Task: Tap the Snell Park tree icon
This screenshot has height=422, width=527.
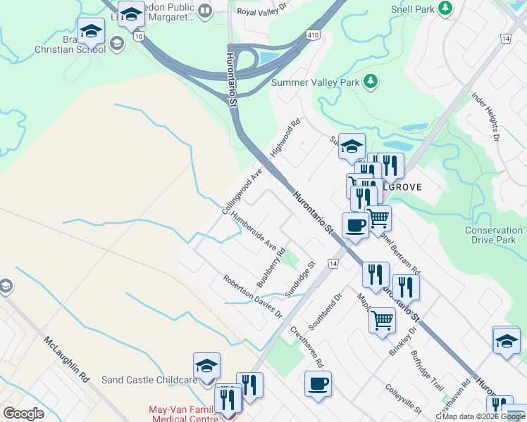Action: point(445,8)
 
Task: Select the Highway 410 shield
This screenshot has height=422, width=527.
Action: point(313,35)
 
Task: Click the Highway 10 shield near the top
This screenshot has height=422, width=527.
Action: point(139,36)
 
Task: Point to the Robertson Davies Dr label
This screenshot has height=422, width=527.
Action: point(252,295)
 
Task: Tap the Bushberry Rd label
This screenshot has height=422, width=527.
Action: point(271,267)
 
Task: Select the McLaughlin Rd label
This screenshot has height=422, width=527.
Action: point(68,359)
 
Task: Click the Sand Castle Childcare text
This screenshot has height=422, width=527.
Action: point(148,380)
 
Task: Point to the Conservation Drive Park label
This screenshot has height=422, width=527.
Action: point(494,235)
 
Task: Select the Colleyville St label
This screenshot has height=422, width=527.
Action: point(403,399)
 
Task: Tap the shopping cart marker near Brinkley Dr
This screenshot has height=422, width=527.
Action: point(382,320)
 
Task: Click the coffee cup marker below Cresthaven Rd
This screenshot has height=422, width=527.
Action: point(318,384)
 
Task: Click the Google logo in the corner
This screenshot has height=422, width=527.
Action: point(23,414)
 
